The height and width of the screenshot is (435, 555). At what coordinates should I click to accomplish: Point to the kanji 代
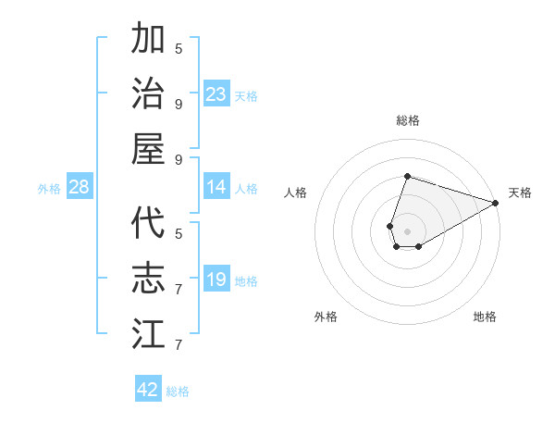[149, 224]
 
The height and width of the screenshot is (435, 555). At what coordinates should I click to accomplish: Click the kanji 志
[149, 279]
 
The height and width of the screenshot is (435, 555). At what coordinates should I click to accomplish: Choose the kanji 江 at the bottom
[149, 333]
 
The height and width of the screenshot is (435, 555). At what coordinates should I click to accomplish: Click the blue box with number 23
[216, 94]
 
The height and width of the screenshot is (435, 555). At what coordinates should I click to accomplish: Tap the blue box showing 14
[216, 187]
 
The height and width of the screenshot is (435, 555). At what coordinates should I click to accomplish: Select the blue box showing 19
[216, 280]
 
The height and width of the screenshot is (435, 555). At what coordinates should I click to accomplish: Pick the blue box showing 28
[80, 187]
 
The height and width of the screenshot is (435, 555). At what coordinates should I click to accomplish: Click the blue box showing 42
[148, 390]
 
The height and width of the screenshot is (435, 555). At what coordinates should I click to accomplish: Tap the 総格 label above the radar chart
[407, 120]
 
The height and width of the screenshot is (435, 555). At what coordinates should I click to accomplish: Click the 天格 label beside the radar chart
[520, 193]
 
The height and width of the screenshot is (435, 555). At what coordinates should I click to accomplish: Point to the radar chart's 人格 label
[295, 193]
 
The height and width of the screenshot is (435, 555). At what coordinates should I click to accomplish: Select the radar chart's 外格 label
[326, 317]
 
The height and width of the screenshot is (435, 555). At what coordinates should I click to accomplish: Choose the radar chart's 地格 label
[485, 317]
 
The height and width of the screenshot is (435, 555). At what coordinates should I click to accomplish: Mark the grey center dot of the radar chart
[407, 230]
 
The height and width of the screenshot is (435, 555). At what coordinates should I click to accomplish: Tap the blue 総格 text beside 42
[178, 391]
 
